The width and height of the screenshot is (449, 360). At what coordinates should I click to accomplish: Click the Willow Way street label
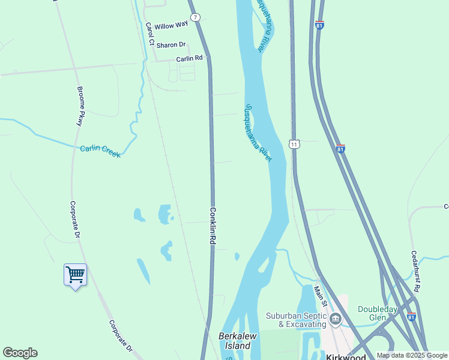[171, 26]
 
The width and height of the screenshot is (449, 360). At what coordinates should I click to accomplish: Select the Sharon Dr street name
[171, 45]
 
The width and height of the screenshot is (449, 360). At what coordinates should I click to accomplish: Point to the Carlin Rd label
[190, 59]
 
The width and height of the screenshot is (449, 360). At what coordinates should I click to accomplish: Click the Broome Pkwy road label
[80, 106]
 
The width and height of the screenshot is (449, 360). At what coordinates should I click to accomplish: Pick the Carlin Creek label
[100, 151]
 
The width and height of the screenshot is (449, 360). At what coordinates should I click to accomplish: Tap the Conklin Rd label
[212, 225]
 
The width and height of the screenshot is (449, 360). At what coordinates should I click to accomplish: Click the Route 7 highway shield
[195, 18]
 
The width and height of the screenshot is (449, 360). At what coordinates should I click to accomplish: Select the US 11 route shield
[294, 144]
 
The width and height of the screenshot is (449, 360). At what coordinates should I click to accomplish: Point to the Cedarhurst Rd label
[415, 271]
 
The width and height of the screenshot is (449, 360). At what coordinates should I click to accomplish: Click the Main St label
[320, 296]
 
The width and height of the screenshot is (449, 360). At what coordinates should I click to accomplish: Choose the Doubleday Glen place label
[378, 313]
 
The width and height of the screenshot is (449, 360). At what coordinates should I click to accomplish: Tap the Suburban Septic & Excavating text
[297, 320]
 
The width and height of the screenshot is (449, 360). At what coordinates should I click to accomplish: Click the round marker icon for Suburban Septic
[336, 319]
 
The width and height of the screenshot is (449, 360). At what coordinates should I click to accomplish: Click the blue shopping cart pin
[75, 275]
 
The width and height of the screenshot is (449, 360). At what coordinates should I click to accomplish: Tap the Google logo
[20, 353]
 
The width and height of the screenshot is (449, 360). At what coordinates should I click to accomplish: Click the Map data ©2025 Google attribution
[412, 355]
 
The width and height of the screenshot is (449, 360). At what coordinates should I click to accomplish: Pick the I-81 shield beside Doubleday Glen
[411, 317]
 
